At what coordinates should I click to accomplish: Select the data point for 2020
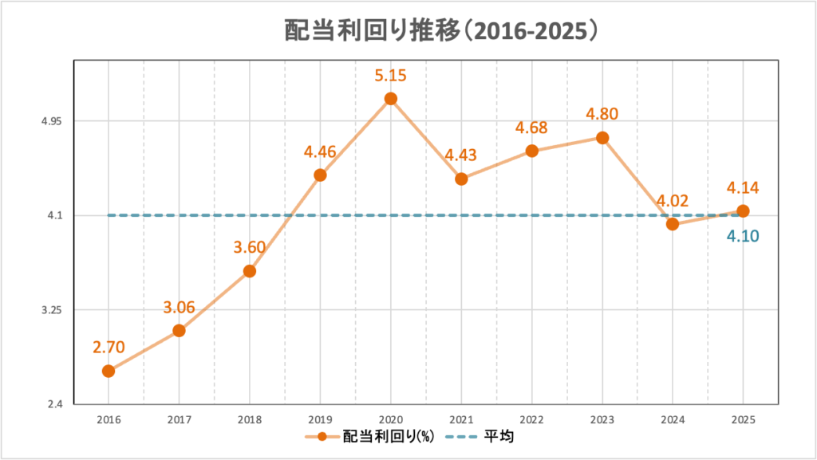pyautogui.click(x=390, y=99)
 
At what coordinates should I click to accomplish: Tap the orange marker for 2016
pyautogui.click(x=109, y=371)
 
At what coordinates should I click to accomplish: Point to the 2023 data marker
pyautogui.click(x=602, y=138)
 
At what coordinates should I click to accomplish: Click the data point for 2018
pyautogui.click(x=249, y=271)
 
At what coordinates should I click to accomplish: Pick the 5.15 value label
pyautogui.click(x=390, y=77)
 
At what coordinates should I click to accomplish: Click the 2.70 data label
pyautogui.click(x=109, y=348)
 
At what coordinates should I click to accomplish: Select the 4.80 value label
pyautogui.click(x=602, y=115)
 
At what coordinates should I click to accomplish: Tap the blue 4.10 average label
pyautogui.click(x=742, y=236)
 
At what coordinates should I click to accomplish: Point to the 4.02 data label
pyautogui.click(x=673, y=201)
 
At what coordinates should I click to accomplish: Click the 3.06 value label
pyautogui.click(x=179, y=307)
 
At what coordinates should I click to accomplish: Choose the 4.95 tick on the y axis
pyautogui.click(x=50, y=121)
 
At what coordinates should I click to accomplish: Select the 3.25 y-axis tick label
pyautogui.click(x=50, y=310)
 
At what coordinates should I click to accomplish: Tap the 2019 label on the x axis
pyautogui.click(x=320, y=418)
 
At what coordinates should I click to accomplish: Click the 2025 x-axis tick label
pyautogui.click(x=743, y=418)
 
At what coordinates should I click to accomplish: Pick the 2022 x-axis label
pyautogui.click(x=531, y=418)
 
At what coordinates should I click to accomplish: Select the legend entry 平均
pyautogui.click(x=483, y=437)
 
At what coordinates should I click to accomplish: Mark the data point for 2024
pyautogui.click(x=673, y=224)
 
